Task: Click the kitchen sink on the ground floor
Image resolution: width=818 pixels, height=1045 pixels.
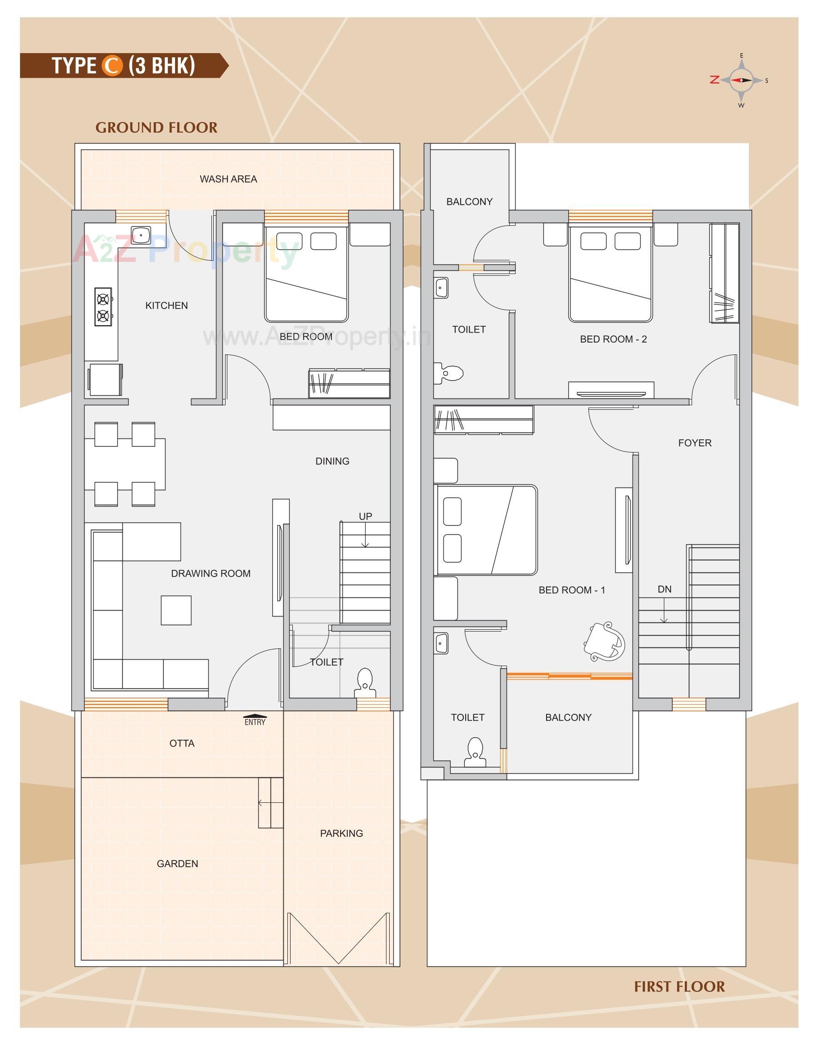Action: [x=141, y=235]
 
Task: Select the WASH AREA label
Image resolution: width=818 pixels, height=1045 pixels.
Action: [x=228, y=179]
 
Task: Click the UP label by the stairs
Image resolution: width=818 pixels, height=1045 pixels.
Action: [x=366, y=516]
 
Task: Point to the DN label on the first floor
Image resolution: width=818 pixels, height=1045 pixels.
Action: [x=664, y=589]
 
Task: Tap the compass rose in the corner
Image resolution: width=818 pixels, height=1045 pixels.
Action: [x=741, y=80]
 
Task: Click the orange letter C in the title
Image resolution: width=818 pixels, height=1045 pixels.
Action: [x=111, y=65]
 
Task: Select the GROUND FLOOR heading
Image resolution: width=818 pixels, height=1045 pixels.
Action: [x=156, y=128]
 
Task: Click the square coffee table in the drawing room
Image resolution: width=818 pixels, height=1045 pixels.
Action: [x=176, y=610]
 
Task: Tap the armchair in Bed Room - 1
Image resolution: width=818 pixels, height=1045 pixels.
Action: [x=604, y=642]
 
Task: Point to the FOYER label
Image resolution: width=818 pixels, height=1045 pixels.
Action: [x=694, y=443]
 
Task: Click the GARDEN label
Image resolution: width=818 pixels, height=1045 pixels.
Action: [x=177, y=864]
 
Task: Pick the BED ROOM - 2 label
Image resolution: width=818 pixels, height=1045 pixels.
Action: [x=613, y=339]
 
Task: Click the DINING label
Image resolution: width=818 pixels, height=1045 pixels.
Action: [x=332, y=461]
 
